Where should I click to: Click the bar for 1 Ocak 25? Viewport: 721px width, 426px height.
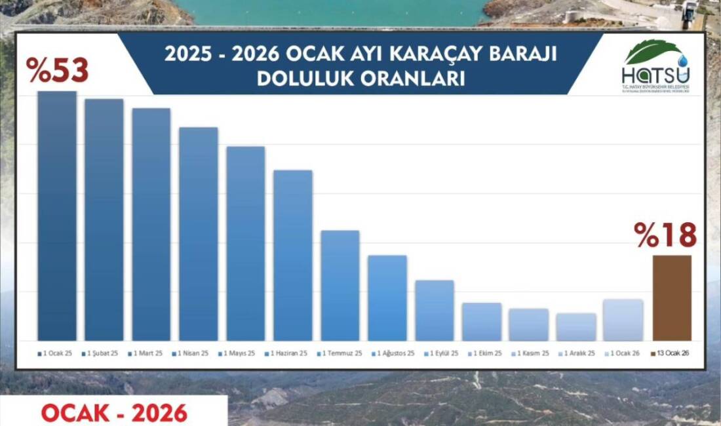[x=57, y=216]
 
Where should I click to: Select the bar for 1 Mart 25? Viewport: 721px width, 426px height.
[x=151, y=224]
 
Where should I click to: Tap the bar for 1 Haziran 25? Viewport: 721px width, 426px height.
[x=293, y=256]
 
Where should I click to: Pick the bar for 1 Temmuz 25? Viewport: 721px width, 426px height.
[x=340, y=286]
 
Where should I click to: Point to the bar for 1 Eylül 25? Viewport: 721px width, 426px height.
[x=435, y=311]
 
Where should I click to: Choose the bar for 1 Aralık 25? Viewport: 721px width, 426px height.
[x=576, y=327]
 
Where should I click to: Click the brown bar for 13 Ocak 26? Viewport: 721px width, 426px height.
[x=672, y=298]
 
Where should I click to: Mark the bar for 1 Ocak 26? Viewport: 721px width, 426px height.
[x=623, y=320]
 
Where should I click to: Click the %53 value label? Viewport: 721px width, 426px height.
[x=58, y=71]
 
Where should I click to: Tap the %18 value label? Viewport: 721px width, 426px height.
[x=665, y=235]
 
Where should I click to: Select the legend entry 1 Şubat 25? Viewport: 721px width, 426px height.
[x=102, y=353]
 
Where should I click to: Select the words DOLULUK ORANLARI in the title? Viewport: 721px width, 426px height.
[x=360, y=79]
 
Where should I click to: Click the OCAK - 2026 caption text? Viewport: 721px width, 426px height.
[x=114, y=413]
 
